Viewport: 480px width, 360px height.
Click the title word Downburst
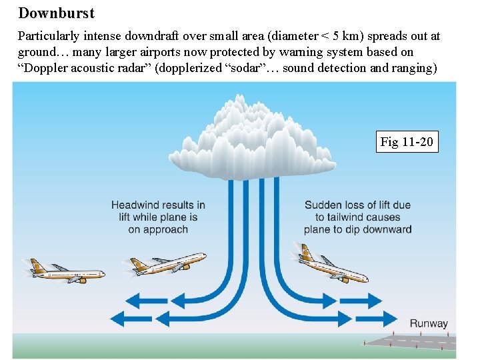[57, 13]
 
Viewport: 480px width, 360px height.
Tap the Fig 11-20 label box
[407, 141]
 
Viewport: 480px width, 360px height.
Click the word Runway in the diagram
[429, 323]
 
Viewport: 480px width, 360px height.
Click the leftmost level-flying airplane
[67, 271]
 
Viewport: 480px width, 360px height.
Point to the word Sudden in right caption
[323, 205]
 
